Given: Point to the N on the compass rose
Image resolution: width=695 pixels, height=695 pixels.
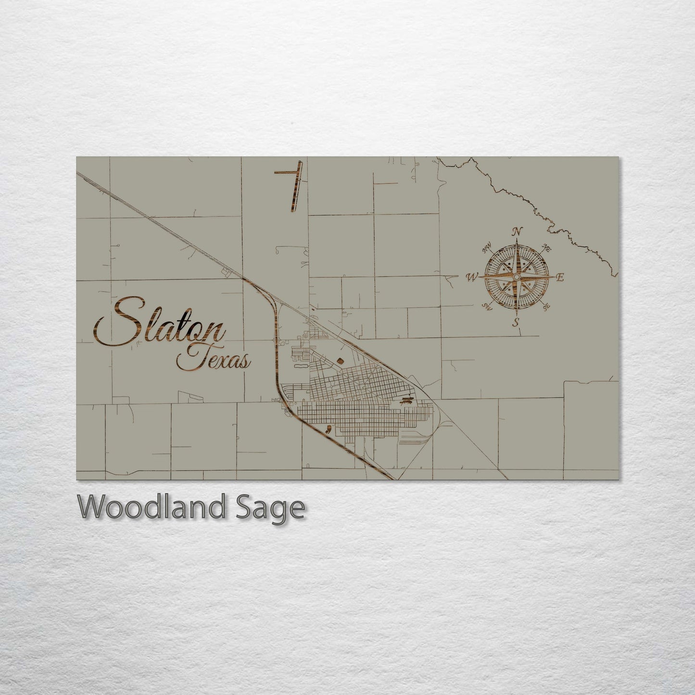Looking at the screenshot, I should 518,231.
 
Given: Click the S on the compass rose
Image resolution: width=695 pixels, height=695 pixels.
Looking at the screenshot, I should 516,322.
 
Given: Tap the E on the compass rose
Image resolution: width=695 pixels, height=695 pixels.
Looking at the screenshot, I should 559,277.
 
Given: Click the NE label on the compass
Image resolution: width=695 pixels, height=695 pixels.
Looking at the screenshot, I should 546,247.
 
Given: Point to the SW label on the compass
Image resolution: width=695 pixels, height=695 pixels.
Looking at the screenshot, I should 487,307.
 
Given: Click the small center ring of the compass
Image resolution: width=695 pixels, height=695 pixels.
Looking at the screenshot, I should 516,278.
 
